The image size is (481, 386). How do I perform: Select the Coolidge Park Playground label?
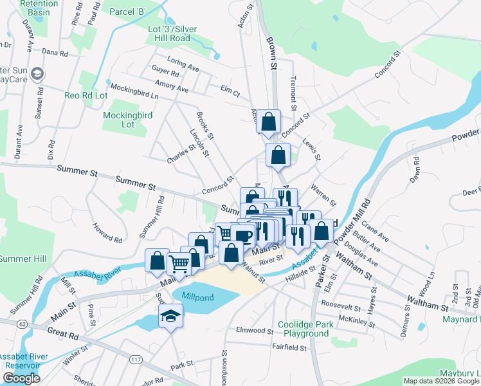pyautogui.click(x=305, y=329)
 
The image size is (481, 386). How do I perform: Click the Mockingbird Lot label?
pyautogui.click(x=128, y=120)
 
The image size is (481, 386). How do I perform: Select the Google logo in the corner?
pyautogui.click(x=21, y=378)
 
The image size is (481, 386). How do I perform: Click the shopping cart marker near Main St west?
pyautogui.click(x=179, y=264)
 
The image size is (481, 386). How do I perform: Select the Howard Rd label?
pyautogui.click(x=107, y=233)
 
